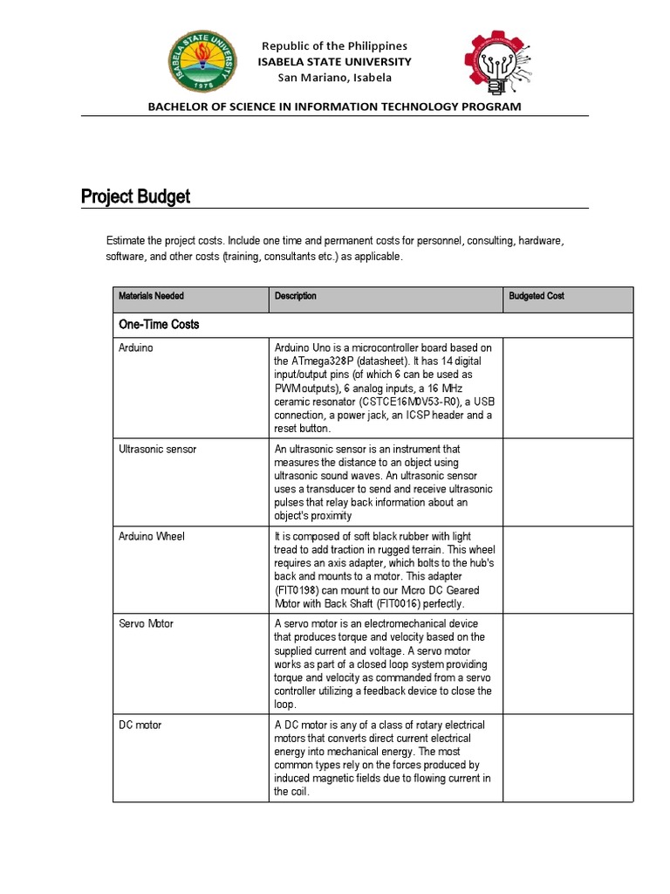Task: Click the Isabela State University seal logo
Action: pos(202,65)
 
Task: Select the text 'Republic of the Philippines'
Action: pos(334,45)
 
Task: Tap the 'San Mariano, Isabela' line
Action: pos(334,77)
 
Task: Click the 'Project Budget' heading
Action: pos(135,196)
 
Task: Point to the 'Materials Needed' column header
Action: pos(151,296)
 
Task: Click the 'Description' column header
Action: pos(295,296)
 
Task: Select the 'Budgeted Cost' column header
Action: pos(537,296)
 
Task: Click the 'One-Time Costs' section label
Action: pos(159,324)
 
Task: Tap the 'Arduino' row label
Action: pos(135,347)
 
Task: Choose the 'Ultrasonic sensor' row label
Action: pos(157,449)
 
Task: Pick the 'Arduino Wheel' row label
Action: pos(151,536)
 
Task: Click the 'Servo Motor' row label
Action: pos(146,624)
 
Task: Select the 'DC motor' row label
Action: pos(140,725)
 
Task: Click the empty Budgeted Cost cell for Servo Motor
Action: pos(567,664)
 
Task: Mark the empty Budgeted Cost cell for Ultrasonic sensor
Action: pos(567,482)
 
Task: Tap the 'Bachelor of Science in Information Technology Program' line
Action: pos(334,107)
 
